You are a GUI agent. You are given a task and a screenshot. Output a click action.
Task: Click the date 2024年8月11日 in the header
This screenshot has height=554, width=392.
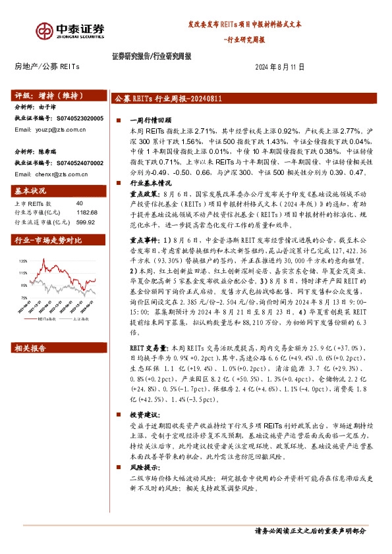tap(280, 68)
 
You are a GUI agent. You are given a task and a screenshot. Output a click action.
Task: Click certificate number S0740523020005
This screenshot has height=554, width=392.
tap(78, 118)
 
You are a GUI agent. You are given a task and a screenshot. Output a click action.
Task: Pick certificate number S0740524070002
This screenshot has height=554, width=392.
tap(78, 162)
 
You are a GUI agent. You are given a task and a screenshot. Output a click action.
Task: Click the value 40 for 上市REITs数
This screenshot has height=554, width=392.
tap(80, 203)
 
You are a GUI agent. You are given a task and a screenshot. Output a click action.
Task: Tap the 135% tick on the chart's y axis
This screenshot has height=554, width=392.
tap(24, 243)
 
